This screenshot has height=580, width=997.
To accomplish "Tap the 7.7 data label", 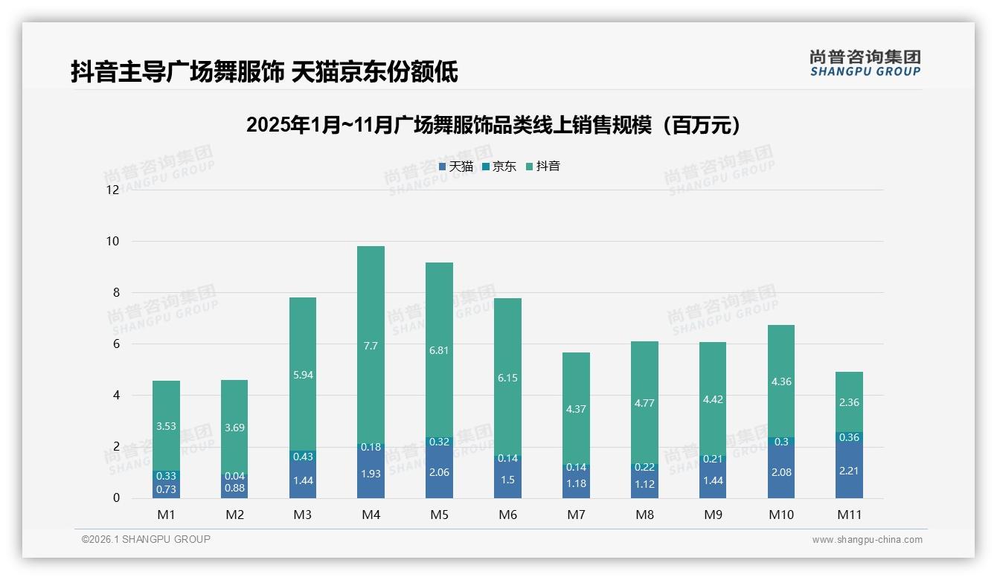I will pyautogui.click(x=371, y=346).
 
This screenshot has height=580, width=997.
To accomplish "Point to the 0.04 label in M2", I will pyautogui.click(x=234, y=476).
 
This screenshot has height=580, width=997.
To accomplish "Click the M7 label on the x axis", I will pyautogui.click(x=576, y=515).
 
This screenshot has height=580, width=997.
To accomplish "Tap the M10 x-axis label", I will pyautogui.click(x=780, y=515).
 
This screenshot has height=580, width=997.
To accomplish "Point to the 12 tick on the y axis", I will pyautogui.click(x=113, y=190).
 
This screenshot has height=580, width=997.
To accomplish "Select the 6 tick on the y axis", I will pyautogui.click(x=116, y=344).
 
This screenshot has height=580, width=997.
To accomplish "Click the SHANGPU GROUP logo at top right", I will pyautogui.click(x=865, y=62).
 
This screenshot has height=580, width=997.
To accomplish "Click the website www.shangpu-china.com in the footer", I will pyautogui.click(x=867, y=540).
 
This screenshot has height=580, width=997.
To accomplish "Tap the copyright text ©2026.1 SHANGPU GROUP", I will pyautogui.click(x=146, y=539).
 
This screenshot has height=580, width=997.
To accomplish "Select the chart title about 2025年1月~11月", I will pyautogui.click(x=494, y=125).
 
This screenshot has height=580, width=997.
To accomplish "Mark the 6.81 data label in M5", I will pyautogui.click(x=439, y=349).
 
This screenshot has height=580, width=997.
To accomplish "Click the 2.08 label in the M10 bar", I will pyautogui.click(x=780, y=472).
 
